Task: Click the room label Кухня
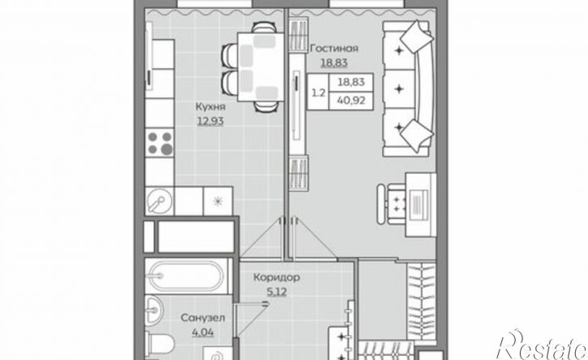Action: pyautogui.click(x=210, y=107)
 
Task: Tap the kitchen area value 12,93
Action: pyautogui.click(x=210, y=121)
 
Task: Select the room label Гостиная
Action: pyautogui.click(x=334, y=49)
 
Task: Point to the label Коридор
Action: pyautogui.click(x=277, y=277)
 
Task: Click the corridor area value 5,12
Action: pyautogui.click(x=277, y=291)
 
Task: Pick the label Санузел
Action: pyautogui.click(x=203, y=319)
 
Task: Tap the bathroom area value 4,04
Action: pyautogui.click(x=203, y=332)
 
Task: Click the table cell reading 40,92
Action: pyautogui.click(x=351, y=101)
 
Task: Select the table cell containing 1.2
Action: pyautogui.click(x=319, y=92)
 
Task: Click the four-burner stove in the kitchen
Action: pyautogui.click(x=160, y=143)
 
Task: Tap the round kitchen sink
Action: pyautogui.click(x=159, y=201)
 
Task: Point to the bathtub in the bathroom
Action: pyautogui.click(x=187, y=276)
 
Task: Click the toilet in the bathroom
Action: pyautogui.click(x=161, y=344)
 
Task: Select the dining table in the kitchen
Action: pyautogui.click(x=260, y=66)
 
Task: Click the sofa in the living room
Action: pyautogui.click(x=409, y=88)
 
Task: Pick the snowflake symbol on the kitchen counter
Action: pyautogui.click(x=218, y=201)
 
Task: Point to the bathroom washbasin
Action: pyautogui.click(x=153, y=310)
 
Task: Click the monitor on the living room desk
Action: pyautogui.click(x=419, y=205)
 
